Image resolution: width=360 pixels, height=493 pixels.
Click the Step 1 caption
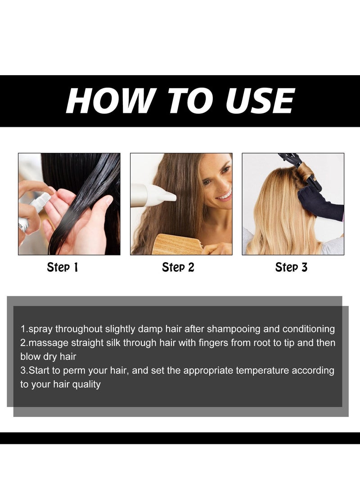tap(63, 268)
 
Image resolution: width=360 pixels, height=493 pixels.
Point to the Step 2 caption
tap(178, 268)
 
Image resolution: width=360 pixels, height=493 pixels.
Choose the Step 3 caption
tap(291, 268)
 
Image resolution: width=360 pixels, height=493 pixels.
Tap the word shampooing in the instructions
tap(237, 329)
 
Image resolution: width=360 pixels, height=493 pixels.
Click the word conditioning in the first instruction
tap(309, 329)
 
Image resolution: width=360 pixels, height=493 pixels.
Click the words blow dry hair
tap(48, 357)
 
